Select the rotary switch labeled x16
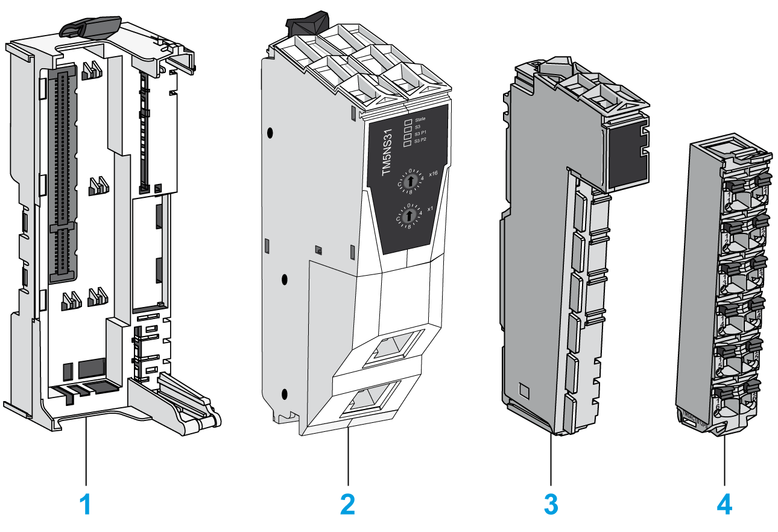(410, 181)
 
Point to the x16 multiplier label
(432, 174)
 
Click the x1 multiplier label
(430, 209)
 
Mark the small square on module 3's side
(523, 393)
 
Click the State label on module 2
(420, 119)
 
